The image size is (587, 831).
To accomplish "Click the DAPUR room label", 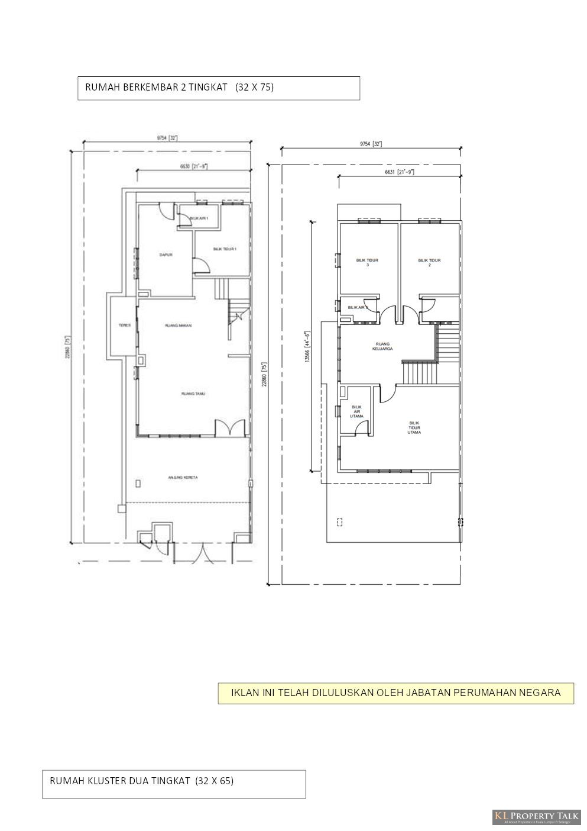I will pyautogui.click(x=166, y=255).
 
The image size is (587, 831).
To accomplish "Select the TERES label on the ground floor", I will pyautogui.click(x=124, y=325).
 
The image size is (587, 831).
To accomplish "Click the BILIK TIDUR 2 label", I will pyautogui.click(x=429, y=262).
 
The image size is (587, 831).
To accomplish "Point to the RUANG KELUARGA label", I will pyautogui.click(x=383, y=346).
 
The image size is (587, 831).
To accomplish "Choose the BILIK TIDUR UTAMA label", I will pyautogui.click(x=414, y=427).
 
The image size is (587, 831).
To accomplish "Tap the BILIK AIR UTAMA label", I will pyautogui.click(x=356, y=411).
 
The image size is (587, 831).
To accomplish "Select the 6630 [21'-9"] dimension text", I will pyautogui.click(x=193, y=167).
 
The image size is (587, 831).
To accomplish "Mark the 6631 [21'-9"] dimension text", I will pyautogui.click(x=399, y=172).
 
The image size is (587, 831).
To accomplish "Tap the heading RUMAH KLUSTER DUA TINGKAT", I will pyautogui.click(x=142, y=781).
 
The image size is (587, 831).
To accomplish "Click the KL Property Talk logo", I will pyautogui.click(x=536, y=817).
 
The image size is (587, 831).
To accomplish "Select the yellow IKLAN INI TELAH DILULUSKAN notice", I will pyautogui.click(x=395, y=692).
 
